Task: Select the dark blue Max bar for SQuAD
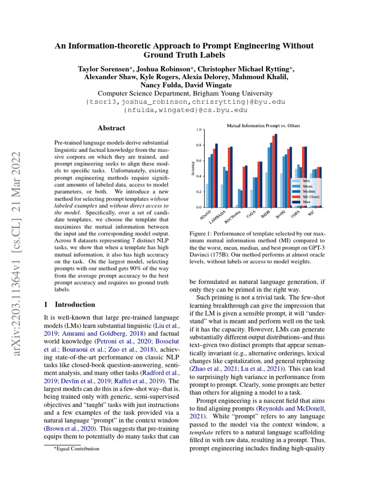pos(216,175)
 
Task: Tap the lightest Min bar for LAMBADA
pos(221,196)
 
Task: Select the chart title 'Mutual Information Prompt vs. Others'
pos(263,125)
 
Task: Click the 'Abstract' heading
pos(111,128)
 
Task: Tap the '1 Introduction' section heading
pos(70,305)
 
